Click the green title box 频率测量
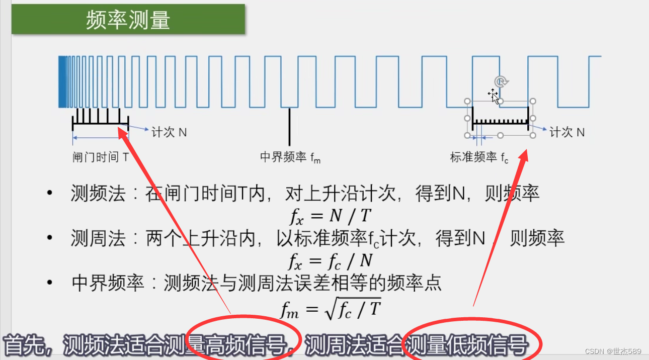coord(128,20)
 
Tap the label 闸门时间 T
coord(100,157)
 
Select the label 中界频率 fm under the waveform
coord(290,157)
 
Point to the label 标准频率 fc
coord(479,157)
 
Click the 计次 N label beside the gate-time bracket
coord(169,132)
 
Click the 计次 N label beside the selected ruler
coord(567,132)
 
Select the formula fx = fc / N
coord(331,260)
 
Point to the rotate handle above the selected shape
coord(500,82)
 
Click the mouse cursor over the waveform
coord(494,96)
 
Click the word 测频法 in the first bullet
coord(98,194)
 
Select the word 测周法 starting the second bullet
coord(98,238)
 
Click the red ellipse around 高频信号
coord(244,338)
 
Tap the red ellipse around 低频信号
coord(472,340)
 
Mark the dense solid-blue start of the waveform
coord(62,81)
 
